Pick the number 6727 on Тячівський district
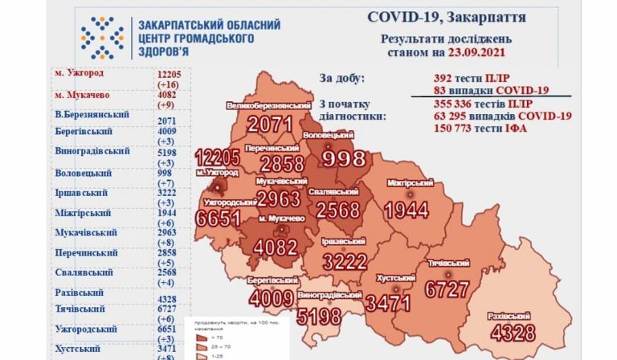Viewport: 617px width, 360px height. (453, 287)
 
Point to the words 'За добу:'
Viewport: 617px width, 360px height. (341, 78)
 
